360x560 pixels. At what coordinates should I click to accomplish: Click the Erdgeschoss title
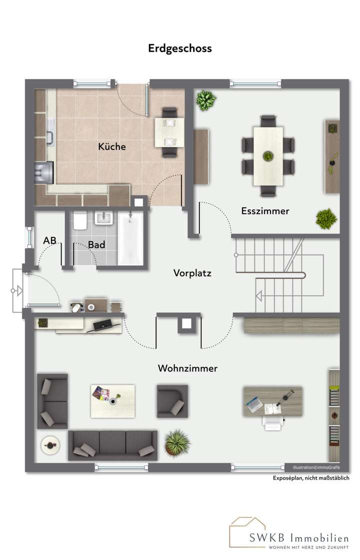click(180, 48)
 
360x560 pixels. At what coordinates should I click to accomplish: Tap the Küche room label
click(112, 147)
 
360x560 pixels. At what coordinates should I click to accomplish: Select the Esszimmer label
click(265, 211)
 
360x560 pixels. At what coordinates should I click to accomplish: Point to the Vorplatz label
click(192, 273)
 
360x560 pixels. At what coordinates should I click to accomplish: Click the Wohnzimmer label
click(187, 369)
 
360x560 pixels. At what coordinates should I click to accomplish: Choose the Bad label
click(96, 245)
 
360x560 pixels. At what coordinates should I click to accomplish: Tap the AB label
click(49, 240)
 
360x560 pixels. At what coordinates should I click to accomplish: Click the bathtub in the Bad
click(130, 238)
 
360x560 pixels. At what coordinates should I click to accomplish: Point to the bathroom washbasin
click(105, 218)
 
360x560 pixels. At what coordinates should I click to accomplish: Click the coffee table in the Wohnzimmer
click(112, 401)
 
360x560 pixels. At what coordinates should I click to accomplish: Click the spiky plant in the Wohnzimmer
click(177, 443)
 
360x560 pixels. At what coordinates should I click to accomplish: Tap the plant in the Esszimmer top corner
click(205, 100)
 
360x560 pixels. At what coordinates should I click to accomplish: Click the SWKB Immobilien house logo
click(247, 532)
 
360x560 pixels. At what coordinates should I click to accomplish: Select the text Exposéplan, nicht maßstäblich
click(311, 478)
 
